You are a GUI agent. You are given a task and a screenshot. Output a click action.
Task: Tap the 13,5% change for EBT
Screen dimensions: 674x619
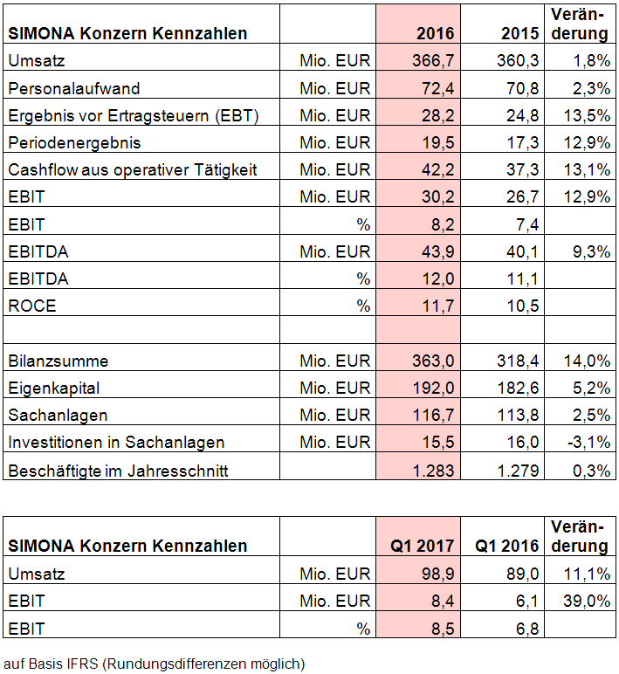(588, 115)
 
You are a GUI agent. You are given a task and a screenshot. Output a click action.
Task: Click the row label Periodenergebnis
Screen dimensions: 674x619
(73, 142)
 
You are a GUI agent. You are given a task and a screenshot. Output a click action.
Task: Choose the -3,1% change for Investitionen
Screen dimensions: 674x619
(588, 442)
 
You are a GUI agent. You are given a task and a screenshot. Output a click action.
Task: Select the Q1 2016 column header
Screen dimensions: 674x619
(506, 547)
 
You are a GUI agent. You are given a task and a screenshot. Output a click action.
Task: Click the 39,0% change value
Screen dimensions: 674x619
(588, 601)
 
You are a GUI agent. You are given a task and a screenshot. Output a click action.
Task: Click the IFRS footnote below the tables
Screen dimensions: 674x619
(155, 664)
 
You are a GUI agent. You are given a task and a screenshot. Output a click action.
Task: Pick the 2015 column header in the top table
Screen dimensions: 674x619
(520, 33)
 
